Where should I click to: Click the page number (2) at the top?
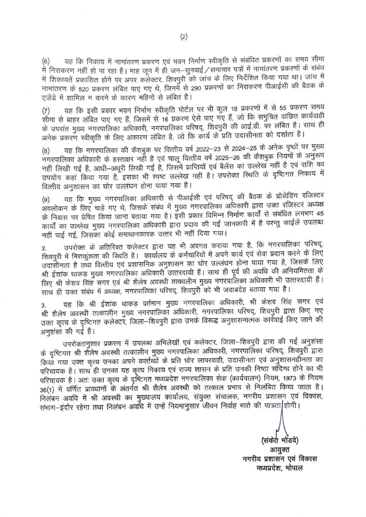pos(183,36)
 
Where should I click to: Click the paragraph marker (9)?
pos(46,196)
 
